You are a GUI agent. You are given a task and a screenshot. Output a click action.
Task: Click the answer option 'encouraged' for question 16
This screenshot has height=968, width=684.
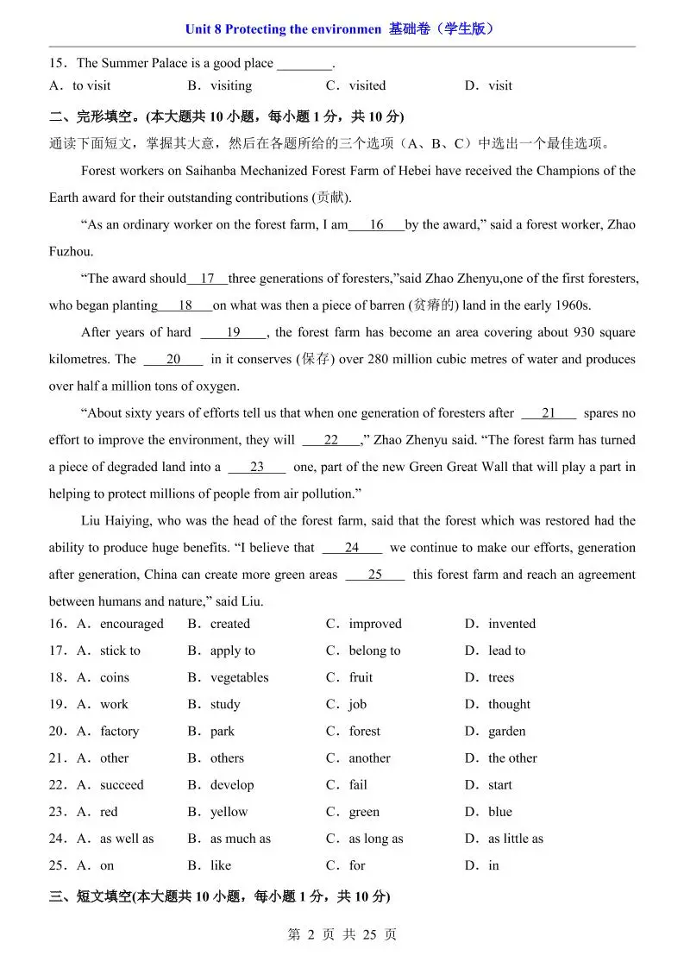131,624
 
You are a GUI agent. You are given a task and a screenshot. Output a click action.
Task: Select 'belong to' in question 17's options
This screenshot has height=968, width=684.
374,651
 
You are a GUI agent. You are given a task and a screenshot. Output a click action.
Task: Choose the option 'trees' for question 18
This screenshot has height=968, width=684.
501,677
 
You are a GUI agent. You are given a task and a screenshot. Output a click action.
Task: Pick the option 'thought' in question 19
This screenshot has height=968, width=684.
509,704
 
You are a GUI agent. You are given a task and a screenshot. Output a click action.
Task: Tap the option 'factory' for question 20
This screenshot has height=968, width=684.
119,731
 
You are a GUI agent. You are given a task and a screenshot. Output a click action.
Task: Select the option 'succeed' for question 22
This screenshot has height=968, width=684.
122,785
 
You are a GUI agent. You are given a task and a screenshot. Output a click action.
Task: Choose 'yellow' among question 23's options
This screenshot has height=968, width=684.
229,812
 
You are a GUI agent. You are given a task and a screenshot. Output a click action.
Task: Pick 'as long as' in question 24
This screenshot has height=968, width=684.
376,839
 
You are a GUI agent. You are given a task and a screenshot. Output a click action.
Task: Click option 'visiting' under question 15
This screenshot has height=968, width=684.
231,85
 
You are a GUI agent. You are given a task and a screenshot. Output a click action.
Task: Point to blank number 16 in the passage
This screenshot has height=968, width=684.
376,225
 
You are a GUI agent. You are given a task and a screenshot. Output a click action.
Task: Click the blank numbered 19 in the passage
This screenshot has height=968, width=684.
234,332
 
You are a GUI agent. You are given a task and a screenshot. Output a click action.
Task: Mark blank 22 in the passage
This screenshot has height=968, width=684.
331,440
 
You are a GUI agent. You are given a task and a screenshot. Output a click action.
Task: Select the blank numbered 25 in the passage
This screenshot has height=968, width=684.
374,575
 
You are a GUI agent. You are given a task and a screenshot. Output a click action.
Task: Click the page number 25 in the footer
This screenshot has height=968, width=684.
370,934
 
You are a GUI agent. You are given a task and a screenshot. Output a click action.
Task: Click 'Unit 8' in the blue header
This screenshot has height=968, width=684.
203,29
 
